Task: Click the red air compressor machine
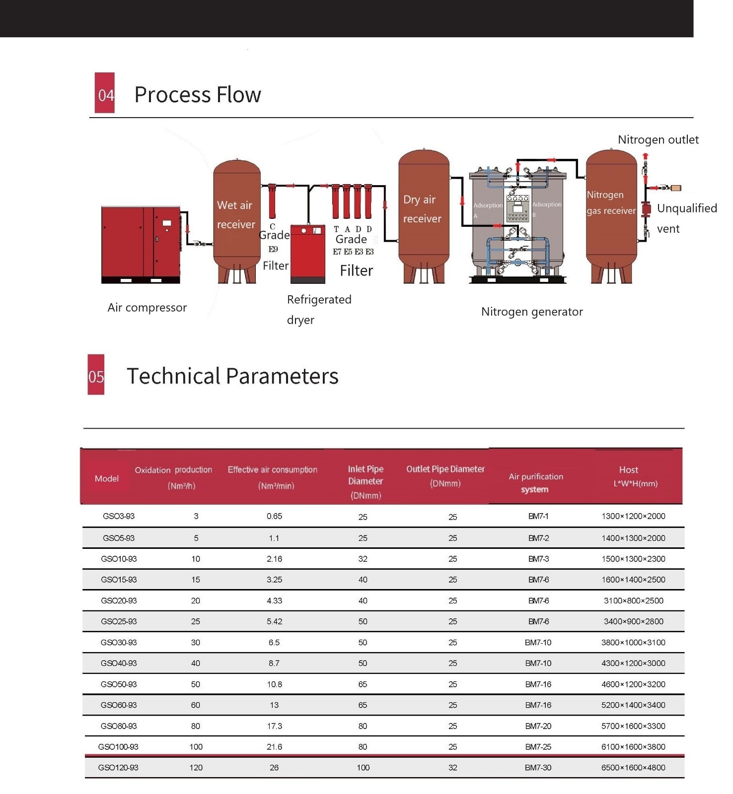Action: (141, 245)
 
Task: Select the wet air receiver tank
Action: (237, 221)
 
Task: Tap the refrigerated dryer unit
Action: (307, 254)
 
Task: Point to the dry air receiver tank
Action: (424, 216)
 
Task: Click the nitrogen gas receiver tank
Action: (611, 216)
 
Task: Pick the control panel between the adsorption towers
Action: (517, 208)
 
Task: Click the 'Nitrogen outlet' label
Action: (658, 140)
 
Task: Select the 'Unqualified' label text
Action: (687, 208)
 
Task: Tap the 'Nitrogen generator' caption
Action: (532, 312)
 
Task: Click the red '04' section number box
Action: (105, 93)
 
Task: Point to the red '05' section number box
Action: (96, 375)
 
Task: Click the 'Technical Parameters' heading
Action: (232, 376)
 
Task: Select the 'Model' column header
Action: (107, 478)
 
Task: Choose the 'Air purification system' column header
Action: (536, 483)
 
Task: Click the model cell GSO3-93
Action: (119, 516)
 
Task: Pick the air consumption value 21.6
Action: (274, 747)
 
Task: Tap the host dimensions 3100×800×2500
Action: (634, 600)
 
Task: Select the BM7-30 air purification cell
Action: (538, 768)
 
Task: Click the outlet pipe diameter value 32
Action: (453, 768)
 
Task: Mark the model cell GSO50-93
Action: (119, 684)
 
